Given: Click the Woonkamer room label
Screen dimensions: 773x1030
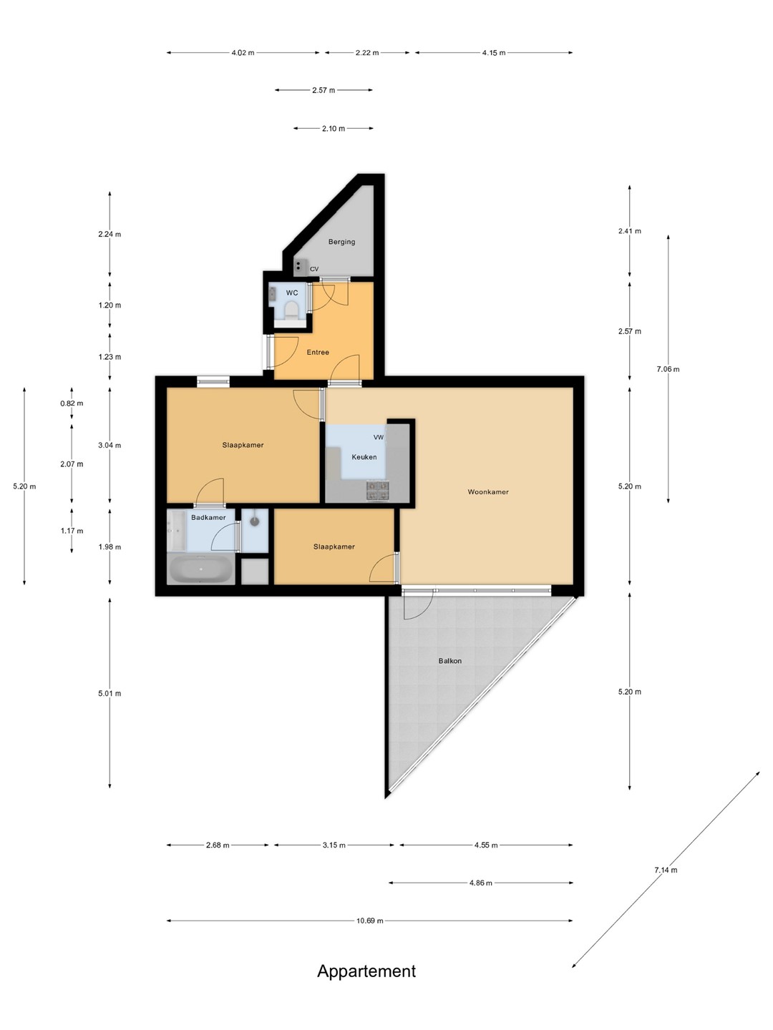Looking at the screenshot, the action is [x=487, y=492].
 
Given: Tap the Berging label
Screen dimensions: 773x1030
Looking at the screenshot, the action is [x=341, y=242].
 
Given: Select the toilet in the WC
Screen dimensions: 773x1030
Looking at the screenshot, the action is [x=291, y=310].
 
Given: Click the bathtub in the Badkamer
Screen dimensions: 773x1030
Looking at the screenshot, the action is [x=200, y=569].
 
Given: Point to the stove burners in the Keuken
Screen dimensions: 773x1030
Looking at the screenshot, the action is [x=378, y=491].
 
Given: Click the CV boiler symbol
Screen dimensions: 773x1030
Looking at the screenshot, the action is [x=298, y=268].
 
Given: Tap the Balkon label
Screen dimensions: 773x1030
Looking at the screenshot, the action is [x=449, y=661].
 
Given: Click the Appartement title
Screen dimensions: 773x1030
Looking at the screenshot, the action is [x=366, y=971].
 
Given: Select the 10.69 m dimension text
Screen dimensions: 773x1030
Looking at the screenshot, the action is [x=369, y=921].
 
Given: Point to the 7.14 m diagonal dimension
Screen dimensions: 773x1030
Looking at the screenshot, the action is [x=666, y=870].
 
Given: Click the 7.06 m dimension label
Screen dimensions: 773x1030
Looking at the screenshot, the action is [x=667, y=369].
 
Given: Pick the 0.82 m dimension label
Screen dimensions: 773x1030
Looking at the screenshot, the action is [x=72, y=403].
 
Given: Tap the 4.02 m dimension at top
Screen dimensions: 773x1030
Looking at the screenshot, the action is [x=243, y=53].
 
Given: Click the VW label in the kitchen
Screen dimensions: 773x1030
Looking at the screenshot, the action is [x=379, y=437].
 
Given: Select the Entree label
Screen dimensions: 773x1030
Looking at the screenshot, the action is [x=318, y=353].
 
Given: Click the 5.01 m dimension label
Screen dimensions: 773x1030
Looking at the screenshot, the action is [x=110, y=694].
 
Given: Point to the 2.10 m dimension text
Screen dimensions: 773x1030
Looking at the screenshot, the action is [x=334, y=129].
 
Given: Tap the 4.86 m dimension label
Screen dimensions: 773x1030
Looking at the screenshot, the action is [x=480, y=883].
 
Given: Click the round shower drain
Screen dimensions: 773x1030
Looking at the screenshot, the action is [x=254, y=521].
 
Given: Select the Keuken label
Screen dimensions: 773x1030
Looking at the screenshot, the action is [x=364, y=457].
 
